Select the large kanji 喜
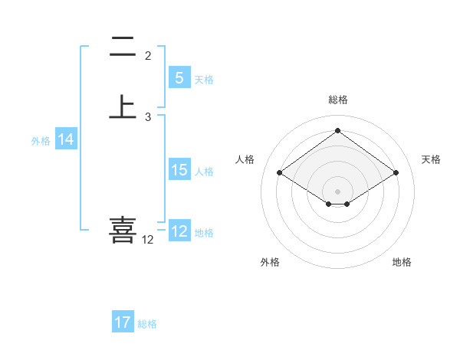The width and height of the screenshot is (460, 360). (123, 230)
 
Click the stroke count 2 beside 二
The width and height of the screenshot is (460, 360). (148, 56)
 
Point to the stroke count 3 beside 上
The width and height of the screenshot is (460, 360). (148, 117)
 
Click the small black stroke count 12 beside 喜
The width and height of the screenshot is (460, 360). (147, 240)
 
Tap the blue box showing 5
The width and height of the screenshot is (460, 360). (179, 78)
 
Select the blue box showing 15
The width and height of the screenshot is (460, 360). (179, 170)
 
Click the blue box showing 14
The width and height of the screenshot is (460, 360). (66, 139)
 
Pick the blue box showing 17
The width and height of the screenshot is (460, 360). (123, 322)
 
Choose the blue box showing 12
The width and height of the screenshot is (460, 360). (179, 231)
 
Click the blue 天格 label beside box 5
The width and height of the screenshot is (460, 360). (204, 80)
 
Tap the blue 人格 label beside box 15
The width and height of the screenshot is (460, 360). (204, 172)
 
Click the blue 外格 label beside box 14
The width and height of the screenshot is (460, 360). (41, 141)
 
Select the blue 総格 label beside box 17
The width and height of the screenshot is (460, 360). (147, 324)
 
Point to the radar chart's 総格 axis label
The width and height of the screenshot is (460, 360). (337, 100)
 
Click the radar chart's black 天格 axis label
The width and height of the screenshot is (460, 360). (431, 159)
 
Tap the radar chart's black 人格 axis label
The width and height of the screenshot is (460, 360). (245, 159)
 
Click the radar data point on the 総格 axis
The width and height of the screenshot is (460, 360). (337, 130)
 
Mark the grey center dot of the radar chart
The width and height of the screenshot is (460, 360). (337, 191)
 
